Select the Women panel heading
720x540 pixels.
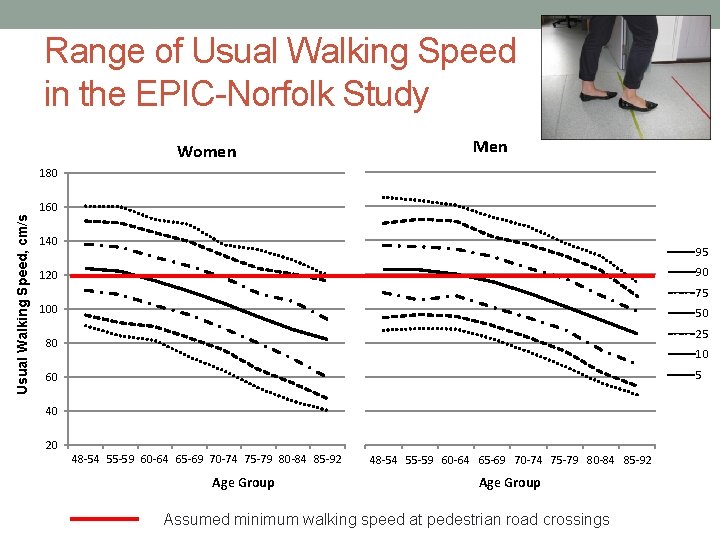(206, 152)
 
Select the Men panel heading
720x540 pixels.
(490, 147)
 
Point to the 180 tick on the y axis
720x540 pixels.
(48, 174)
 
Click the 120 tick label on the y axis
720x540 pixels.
(48, 275)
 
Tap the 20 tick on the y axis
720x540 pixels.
(50, 445)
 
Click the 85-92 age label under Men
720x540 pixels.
(637, 461)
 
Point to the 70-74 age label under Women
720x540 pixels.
(224, 460)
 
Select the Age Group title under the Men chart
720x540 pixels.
(509, 483)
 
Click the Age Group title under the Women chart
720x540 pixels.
(243, 483)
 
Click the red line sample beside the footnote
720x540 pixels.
(104, 519)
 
